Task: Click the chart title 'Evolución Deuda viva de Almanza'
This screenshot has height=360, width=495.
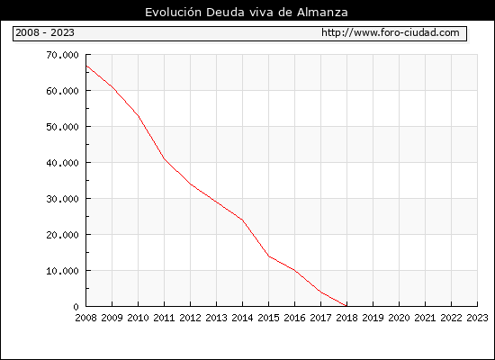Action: point(247,12)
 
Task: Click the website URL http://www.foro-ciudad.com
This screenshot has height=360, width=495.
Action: point(391,32)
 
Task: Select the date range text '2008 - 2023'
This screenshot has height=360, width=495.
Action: point(45,32)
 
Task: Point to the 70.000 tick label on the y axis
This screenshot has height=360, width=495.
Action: point(62,55)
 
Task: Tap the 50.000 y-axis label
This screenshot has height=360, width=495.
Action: point(62,127)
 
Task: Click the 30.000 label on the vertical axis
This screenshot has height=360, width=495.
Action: point(62,199)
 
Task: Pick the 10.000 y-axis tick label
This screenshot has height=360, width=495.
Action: point(62,271)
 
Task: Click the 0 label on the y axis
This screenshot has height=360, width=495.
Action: point(76,307)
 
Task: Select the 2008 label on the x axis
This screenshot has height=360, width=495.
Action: point(85,318)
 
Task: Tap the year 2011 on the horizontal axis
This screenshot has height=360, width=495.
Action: point(164,318)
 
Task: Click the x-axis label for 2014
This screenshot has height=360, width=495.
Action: point(242,318)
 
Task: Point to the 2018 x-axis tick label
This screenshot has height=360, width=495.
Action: point(346,318)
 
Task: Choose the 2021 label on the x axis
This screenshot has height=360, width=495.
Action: point(425,318)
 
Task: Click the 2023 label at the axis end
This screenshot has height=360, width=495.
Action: point(477,318)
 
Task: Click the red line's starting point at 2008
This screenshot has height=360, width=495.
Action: point(86,66)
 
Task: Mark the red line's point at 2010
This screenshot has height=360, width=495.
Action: point(139,116)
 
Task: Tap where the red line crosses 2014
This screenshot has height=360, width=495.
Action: point(242,220)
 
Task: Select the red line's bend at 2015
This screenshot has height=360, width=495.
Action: point(269,256)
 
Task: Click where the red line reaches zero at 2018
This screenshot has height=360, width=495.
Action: point(346,306)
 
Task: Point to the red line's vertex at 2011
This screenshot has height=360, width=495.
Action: point(164,158)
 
